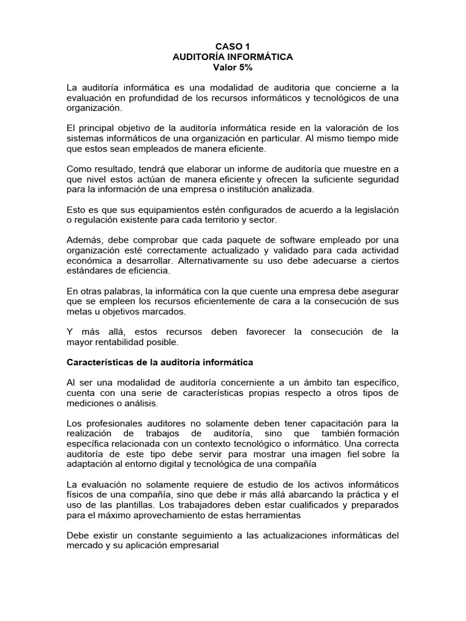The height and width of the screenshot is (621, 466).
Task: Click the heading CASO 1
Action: [x=232, y=45]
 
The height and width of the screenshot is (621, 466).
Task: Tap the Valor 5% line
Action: [x=232, y=67]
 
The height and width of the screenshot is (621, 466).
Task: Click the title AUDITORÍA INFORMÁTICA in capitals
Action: [x=232, y=56]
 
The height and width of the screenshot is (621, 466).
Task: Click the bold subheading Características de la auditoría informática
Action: [x=159, y=363]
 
